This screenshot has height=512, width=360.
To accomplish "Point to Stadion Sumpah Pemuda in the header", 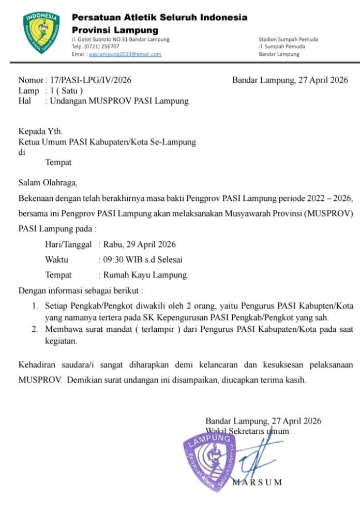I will point(288,39).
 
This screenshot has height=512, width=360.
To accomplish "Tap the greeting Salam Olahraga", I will point(48,182).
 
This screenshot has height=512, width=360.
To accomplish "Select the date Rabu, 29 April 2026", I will point(139,244).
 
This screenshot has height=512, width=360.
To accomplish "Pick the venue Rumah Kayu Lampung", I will point(146,275).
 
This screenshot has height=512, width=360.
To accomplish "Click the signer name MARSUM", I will point(257,482).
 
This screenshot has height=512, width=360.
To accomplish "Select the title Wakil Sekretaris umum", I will point(247,431).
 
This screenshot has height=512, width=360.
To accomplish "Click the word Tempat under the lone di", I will point(58,162).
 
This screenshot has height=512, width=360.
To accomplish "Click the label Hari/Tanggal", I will point(68,244).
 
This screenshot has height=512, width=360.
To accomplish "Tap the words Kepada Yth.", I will point(40,132).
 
